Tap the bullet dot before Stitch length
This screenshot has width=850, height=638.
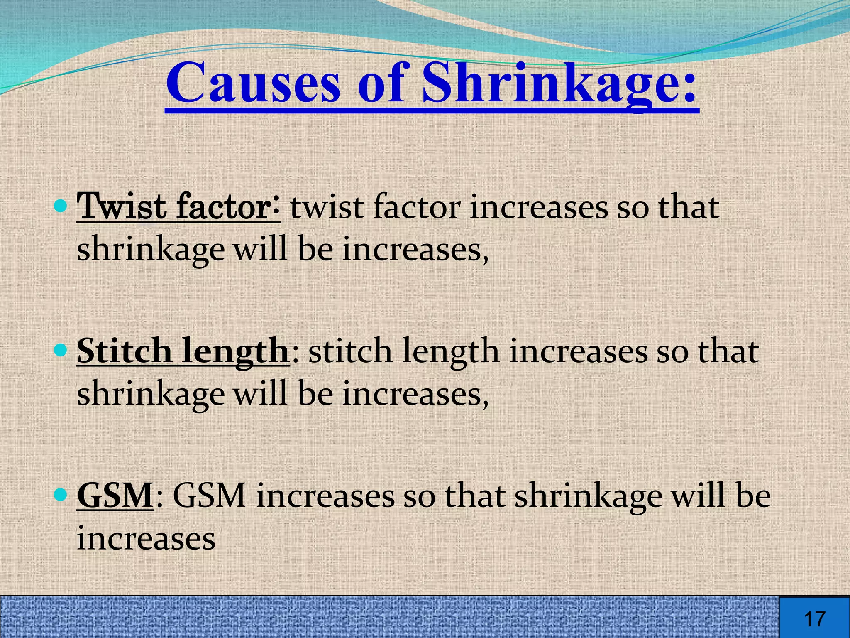[x=61, y=350]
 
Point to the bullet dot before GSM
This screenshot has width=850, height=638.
[x=61, y=494]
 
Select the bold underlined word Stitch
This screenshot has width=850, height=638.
[x=124, y=351]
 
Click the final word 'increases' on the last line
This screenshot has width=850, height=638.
[x=146, y=538]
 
